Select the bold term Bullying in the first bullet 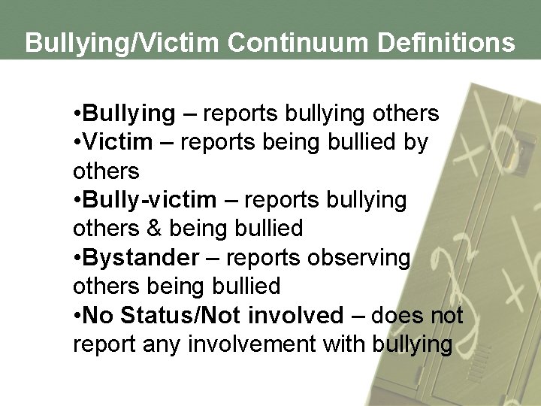128,114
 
